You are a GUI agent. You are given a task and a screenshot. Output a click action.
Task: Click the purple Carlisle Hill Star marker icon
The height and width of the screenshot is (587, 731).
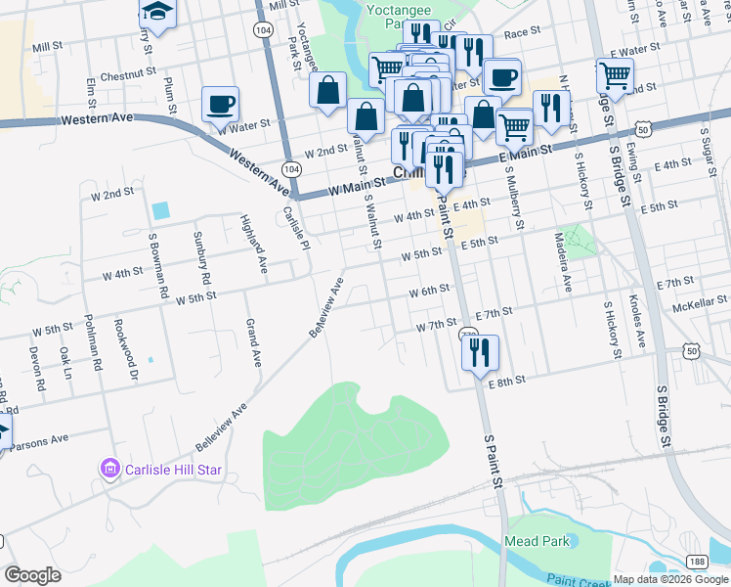coord(109,471)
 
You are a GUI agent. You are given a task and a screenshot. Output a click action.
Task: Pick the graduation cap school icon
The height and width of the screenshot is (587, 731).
coord(155,12)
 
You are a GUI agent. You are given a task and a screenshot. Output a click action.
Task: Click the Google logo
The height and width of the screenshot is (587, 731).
coord(32,575)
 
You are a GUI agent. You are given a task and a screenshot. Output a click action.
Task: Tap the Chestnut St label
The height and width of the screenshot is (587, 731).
coord(121,73)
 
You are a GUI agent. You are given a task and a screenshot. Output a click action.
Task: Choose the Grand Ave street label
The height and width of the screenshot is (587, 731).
coord(253,343)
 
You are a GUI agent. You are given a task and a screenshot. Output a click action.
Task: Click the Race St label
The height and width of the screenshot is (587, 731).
coord(522,32)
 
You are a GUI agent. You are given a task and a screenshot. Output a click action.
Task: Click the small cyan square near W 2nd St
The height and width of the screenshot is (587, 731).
coord(160,210)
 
